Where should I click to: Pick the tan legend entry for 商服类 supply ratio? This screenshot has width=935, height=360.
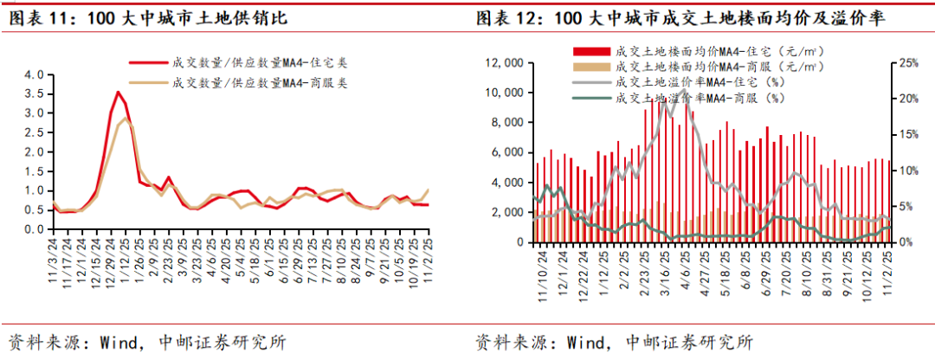tap(255, 83)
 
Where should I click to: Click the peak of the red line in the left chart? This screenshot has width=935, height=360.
tap(118, 92)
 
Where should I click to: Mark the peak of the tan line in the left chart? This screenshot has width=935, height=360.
tap(126, 118)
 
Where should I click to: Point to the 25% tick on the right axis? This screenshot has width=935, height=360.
tap(910, 63)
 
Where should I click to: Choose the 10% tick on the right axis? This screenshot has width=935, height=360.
tap(910, 170)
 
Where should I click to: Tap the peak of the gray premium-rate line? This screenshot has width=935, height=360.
tap(683, 89)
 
